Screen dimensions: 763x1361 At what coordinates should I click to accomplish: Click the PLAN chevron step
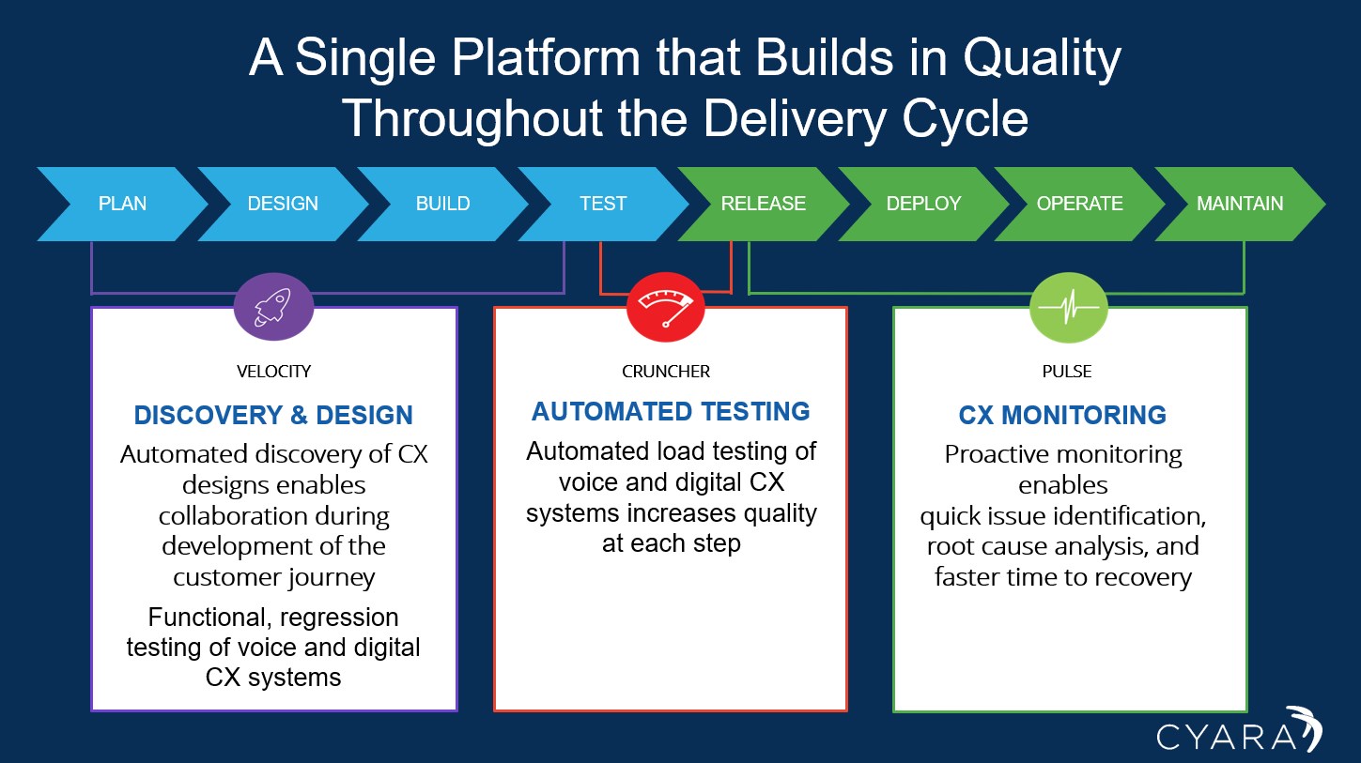pos(122,204)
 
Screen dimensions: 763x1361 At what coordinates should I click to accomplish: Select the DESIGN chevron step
pos(283,204)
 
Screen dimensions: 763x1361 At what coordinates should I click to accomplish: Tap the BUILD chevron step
pos(443,204)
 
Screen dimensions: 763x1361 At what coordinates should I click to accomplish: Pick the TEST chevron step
pos(603,204)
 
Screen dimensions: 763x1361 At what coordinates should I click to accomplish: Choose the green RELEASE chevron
pos(763,204)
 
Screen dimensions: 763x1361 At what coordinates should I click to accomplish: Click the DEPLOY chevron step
pos(923,204)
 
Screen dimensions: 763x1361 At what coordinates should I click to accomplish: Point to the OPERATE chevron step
pos(1079,204)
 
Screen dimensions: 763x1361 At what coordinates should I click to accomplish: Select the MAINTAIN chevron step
pos(1240,204)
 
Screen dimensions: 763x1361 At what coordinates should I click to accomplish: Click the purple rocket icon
pos(273,307)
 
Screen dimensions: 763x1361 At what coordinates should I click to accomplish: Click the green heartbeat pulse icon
pos(1069,308)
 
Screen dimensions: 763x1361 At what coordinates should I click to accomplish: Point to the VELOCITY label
pos(273,372)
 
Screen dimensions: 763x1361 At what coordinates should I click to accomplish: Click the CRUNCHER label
pos(666,372)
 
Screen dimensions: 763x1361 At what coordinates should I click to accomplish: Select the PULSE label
pos(1067,372)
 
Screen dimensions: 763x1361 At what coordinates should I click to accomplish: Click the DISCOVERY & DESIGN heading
pos(273,415)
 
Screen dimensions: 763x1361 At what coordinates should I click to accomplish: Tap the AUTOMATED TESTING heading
pos(671,411)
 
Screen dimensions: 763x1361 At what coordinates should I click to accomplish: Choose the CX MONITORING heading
pos(1062,415)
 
